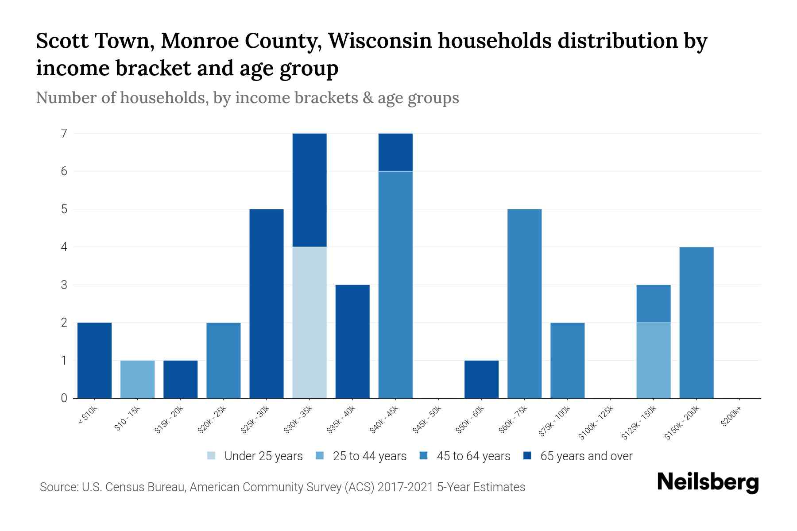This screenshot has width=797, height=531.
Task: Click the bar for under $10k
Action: click(94, 361)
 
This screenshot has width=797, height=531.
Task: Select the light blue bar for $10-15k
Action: click(138, 380)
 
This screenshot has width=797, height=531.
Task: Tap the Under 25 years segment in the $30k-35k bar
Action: click(310, 323)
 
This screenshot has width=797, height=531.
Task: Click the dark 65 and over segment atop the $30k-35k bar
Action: click(310, 190)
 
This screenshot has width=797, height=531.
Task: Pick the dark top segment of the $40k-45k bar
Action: click(395, 152)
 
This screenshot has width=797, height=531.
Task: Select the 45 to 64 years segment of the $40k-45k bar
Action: click(395, 285)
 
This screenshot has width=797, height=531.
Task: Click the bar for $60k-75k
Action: click(524, 304)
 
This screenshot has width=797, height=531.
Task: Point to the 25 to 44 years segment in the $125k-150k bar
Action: click(654, 361)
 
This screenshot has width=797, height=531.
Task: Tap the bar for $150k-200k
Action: click(696, 323)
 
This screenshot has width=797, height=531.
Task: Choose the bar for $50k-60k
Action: click(481, 380)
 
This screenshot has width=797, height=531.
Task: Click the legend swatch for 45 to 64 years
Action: click(424, 456)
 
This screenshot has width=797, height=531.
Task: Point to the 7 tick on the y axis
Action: click(64, 133)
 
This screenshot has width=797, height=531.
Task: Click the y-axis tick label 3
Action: click(64, 285)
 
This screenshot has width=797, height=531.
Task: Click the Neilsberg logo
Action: click(708, 482)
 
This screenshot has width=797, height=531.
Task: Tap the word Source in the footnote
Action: click(58, 487)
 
